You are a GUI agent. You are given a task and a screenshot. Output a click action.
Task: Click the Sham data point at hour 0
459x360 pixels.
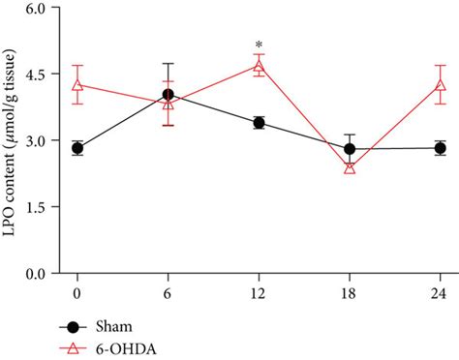[77, 148]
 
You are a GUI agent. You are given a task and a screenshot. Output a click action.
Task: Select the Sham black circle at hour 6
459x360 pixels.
[168, 95]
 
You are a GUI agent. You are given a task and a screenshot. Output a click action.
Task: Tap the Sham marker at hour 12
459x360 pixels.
[259, 123]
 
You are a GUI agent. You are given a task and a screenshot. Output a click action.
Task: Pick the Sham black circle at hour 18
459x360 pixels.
[350, 149]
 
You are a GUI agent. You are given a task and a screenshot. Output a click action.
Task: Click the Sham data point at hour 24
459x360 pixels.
[441, 148]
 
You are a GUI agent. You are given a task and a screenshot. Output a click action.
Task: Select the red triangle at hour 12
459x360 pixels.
[259, 65]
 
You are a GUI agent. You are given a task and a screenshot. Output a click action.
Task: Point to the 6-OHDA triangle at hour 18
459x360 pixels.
[350, 167]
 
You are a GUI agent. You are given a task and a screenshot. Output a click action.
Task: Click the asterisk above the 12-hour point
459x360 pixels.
[259, 45]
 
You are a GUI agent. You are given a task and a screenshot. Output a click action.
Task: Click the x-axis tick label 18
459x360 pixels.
[350, 291]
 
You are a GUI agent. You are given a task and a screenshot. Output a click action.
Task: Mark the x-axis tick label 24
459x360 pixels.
[441, 291]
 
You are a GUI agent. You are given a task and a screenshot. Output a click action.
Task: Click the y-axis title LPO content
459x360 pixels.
[12, 140]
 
